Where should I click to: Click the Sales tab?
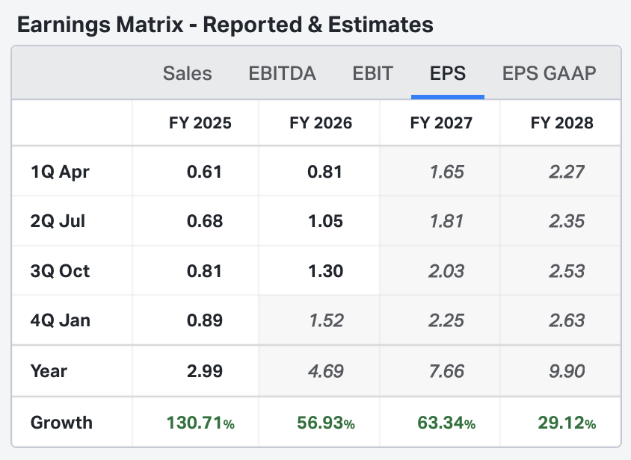click(x=187, y=73)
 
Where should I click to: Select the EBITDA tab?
click(x=282, y=73)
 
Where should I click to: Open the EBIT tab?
click(x=373, y=73)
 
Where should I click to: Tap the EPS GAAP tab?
click(x=550, y=73)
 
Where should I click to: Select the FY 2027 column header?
click(x=441, y=122)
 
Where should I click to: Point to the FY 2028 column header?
click(x=561, y=122)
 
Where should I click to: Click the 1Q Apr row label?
click(x=60, y=172)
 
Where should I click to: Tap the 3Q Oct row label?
click(x=60, y=270)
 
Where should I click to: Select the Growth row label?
click(x=61, y=423)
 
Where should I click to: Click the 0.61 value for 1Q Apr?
click(x=204, y=172)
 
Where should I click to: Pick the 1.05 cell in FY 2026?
click(x=325, y=221)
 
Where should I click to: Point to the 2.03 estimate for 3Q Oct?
click(x=447, y=270)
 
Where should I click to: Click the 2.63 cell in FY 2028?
click(x=566, y=320)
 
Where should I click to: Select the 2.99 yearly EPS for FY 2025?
click(x=204, y=370)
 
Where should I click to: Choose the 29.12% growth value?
click(x=566, y=423)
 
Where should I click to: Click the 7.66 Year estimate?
click(x=447, y=370)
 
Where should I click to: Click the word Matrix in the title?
click(x=151, y=25)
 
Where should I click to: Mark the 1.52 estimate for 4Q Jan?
click(x=325, y=320)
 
